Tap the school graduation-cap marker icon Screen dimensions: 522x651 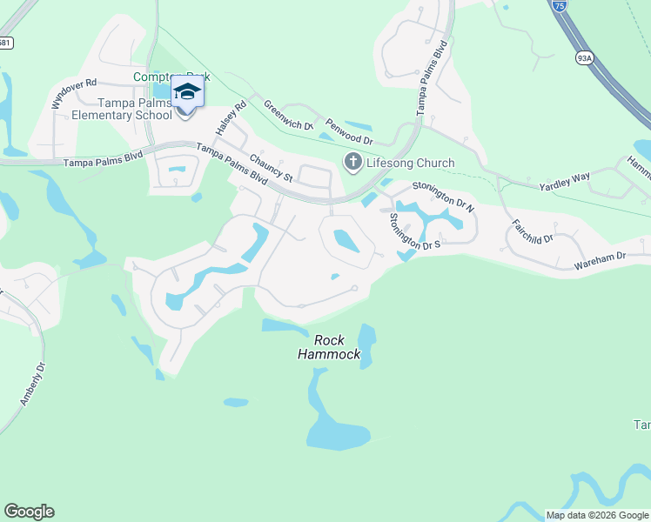(187, 90)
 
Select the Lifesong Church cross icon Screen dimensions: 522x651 (353, 162)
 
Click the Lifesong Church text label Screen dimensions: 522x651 (409, 163)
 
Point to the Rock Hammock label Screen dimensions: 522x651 (329, 347)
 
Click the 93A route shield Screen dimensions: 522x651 (584, 58)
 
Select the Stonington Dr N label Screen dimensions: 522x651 (443, 196)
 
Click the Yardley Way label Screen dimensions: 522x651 (564, 182)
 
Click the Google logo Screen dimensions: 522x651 (29, 512)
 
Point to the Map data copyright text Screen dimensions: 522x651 (597, 515)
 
